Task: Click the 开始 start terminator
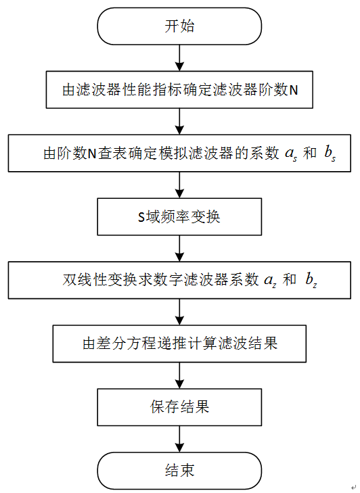[179, 26]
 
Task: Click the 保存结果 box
[179, 406]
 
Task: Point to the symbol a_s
[292, 154]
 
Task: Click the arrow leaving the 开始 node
[179, 57]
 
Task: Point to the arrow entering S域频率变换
[179, 185]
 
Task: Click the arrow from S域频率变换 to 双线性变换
[179, 249]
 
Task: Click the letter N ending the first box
[293, 91]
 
